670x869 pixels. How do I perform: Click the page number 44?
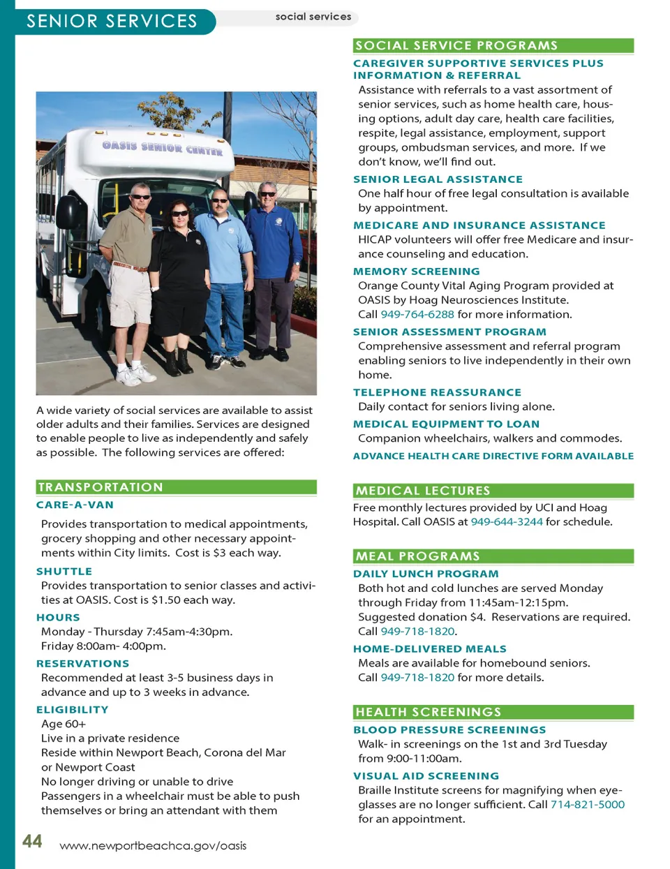tap(32, 841)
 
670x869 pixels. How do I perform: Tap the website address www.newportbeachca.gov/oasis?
tap(153, 846)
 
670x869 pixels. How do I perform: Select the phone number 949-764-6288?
tap(417, 315)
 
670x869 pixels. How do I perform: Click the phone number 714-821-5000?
tap(587, 805)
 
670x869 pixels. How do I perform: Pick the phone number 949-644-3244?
tap(506, 522)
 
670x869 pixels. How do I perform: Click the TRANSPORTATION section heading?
tap(100, 487)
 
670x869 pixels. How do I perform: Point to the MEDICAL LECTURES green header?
tap(423, 491)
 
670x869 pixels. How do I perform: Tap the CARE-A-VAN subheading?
tap(75, 505)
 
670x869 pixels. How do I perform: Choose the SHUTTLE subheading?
tap(64, 571)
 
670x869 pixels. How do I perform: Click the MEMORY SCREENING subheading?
tap(417, 272)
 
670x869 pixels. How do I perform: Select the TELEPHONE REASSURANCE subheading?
tap(437, 392)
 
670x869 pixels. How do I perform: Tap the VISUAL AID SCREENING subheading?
tap(426, 775)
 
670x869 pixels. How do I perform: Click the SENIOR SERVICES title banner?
tap(112, 21)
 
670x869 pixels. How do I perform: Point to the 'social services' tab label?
tap(313, 17)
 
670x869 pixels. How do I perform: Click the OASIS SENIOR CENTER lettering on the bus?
tap(162, 147)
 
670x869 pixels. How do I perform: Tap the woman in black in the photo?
tap(179, 279)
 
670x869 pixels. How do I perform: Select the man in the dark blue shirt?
tap(271, 265)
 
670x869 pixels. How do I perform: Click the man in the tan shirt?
tap(130, 272)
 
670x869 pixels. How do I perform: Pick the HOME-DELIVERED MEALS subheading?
tap(429, 648)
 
